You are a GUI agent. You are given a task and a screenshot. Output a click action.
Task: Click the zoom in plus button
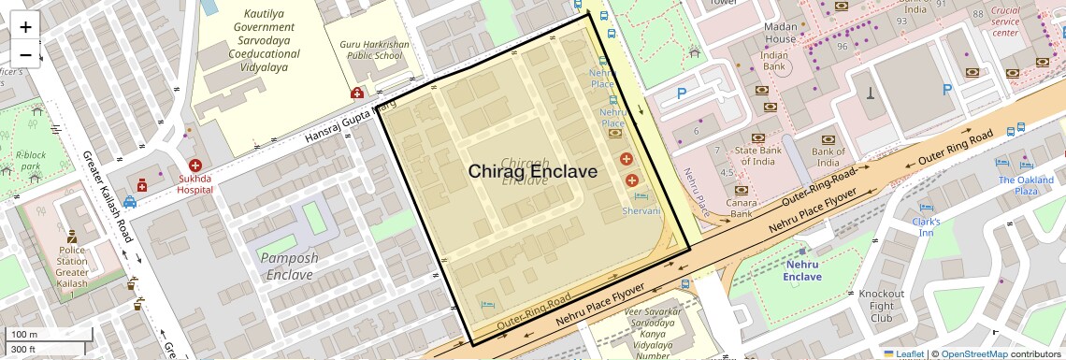pos(25,27)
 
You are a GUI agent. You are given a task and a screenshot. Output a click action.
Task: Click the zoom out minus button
pos(25,55)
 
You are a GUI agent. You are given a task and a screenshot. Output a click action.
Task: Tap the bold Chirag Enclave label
pos(532,171)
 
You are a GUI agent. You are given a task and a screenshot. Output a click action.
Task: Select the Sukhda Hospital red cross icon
pos(181,165)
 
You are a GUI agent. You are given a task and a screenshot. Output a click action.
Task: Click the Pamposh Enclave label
pos(289,266)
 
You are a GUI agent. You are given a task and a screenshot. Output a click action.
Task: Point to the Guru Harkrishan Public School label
pos(370,50)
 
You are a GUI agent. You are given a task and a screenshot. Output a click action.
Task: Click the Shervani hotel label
pos(641,212)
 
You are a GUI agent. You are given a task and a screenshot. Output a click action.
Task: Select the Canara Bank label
pos(742,208)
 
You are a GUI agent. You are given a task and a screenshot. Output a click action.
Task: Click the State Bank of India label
pos(757,157)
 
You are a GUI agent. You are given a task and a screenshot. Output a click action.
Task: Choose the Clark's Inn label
pos(926,227)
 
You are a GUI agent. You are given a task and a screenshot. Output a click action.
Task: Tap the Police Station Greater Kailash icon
pos(71,235)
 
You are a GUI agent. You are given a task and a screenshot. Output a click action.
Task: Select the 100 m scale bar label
pos(24,334)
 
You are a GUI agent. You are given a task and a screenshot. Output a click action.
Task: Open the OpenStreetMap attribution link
pos(973,353)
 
